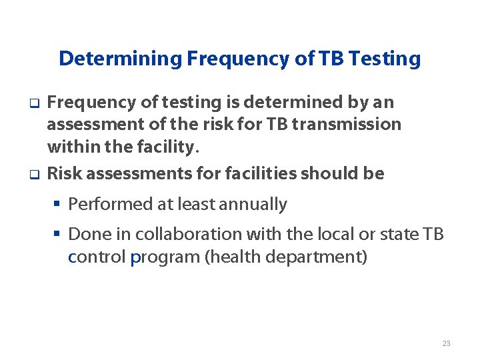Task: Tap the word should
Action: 328,174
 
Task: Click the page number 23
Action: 446,343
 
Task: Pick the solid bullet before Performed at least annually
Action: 58,204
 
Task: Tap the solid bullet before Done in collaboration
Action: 58,234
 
